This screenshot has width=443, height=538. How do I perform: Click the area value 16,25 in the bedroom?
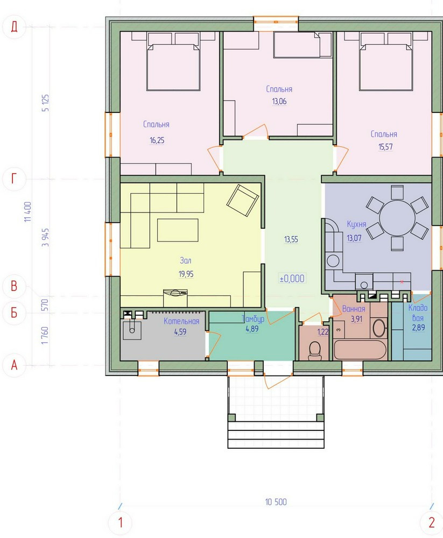(157, 140)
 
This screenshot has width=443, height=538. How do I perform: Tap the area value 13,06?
(279, 102)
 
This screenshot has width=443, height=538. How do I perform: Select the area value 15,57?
(385, 147)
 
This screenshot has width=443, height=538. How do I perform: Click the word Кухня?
(356, 224)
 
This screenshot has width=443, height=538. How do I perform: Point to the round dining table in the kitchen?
(397, 218)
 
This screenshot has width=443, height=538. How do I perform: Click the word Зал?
(186, 260)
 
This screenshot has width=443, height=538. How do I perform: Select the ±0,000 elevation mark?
(292, 278)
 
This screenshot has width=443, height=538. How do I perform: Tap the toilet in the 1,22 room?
(314, 350)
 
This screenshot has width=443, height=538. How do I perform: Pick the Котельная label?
(181, 322)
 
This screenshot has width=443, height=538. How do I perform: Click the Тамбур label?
(253, 319)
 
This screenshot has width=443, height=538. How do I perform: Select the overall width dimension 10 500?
(276, 502)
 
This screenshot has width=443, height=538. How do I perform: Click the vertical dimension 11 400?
(28, 211)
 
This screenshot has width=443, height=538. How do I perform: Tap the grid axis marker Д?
(14, 26)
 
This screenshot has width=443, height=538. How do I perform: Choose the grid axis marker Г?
(14, 179)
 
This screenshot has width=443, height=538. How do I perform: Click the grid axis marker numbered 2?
(432, 522)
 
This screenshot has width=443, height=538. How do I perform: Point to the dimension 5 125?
(45, 103)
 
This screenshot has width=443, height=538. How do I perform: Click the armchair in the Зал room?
(242, 201)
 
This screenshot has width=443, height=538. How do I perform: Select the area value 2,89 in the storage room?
(418, 328)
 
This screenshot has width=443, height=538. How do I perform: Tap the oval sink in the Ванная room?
(379, 328)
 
